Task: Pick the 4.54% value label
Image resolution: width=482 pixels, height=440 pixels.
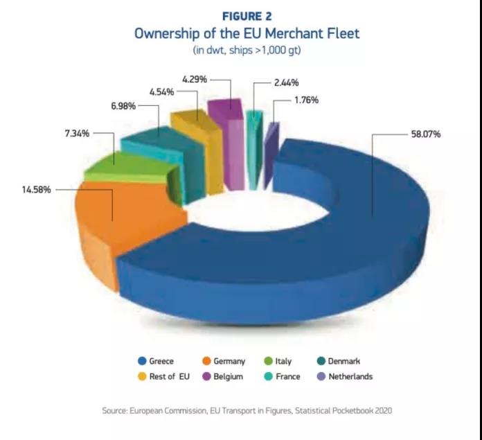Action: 162,91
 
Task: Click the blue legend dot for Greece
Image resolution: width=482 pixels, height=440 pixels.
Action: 141,361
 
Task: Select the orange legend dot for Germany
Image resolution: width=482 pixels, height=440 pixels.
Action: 206,361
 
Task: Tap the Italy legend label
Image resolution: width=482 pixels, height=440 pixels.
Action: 283,361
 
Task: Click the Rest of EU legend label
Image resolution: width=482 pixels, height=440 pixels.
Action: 169,377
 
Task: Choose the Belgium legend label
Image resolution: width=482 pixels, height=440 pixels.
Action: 227,377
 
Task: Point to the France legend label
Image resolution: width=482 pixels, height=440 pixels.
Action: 287,377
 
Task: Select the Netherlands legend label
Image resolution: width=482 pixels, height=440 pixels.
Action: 350,377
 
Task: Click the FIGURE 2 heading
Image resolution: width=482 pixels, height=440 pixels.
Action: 247,16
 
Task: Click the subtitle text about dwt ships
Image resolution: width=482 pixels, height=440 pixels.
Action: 247,51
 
